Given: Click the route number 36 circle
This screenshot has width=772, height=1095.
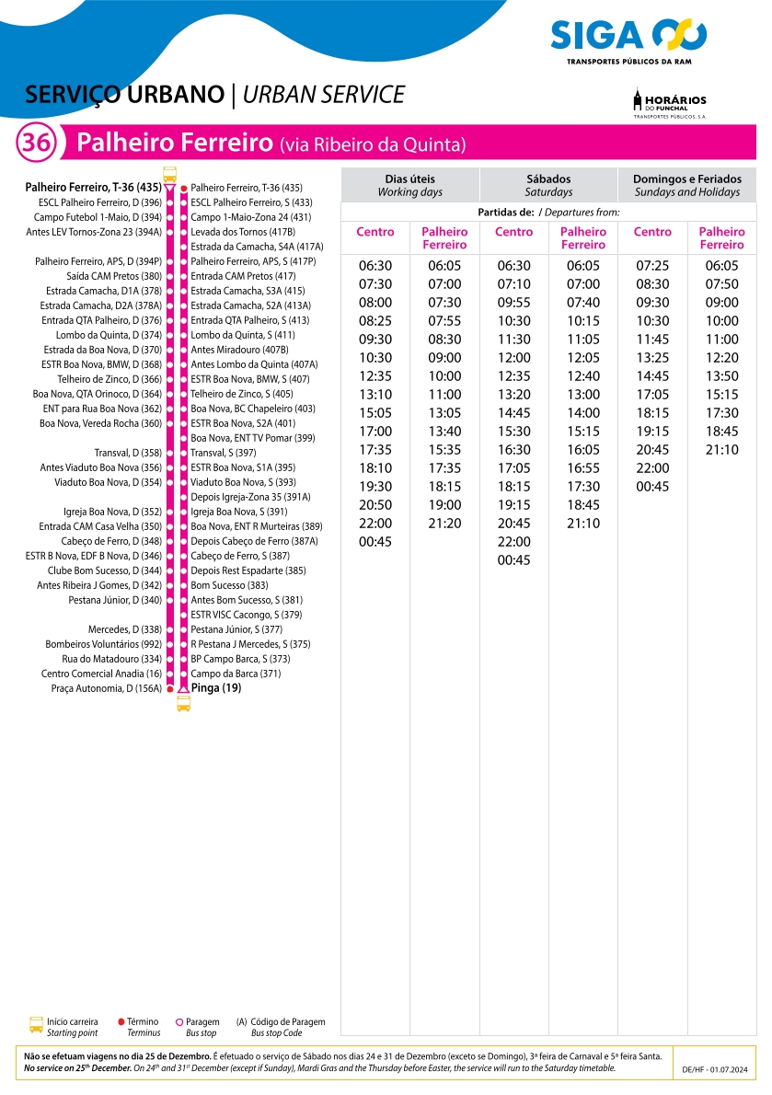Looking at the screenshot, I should pos(37,144).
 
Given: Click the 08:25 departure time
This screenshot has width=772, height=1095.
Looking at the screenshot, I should pos(375,321).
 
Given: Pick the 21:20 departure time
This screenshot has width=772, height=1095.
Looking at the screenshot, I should pos(444,524).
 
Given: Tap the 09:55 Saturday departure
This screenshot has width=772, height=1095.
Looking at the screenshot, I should pos(513,303).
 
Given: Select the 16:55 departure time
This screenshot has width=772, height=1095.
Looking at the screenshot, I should pos(583,468).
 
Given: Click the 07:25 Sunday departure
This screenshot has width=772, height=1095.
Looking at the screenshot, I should pos(652,266).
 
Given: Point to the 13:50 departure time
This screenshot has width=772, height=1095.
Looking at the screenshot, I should pos(721,376).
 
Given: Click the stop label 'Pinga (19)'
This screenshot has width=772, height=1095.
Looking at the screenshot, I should pos(216,687).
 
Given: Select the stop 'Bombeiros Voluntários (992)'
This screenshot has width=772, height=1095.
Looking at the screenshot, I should pos(103,644).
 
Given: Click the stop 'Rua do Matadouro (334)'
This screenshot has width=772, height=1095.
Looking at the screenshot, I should pos(111,659).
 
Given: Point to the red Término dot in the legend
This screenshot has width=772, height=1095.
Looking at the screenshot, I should pos(121,1022).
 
